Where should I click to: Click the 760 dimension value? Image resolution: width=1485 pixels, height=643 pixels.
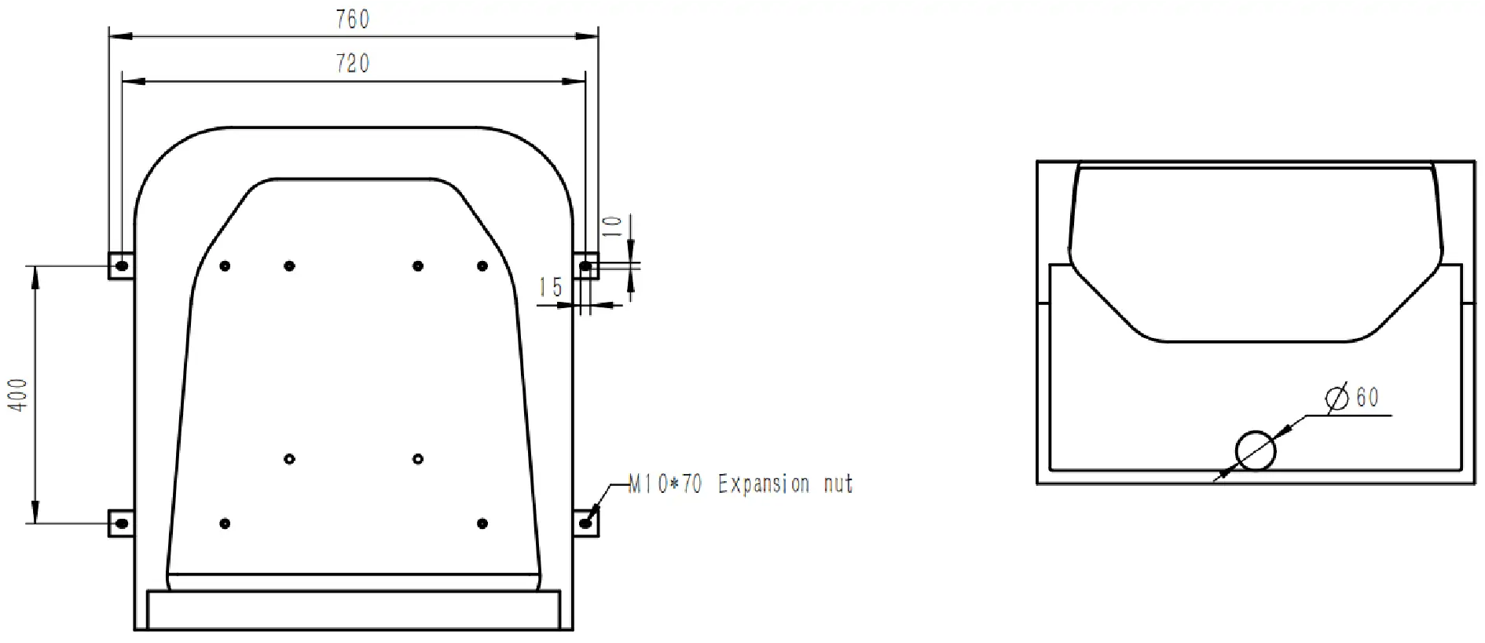(353, 20)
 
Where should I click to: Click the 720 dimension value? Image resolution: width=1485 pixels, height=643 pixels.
(353, 63)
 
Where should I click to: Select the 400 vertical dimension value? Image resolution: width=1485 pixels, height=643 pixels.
(18, 395)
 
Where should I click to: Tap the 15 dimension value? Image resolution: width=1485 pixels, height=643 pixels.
(551, 288)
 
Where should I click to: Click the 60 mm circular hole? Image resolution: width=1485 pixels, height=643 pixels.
(1255, 450)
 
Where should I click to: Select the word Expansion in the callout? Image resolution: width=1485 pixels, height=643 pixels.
(763, 483)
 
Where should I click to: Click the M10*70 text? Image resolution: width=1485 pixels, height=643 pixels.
(665, 483)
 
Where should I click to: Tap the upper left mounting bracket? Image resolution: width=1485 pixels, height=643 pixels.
(120, 266)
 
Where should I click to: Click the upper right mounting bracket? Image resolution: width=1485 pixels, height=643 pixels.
(586, 266)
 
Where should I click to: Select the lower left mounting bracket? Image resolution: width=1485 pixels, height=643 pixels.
(120, 523)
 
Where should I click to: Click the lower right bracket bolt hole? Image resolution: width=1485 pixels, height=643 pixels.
(585, 523)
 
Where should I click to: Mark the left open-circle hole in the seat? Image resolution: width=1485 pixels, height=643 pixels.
(289, 458)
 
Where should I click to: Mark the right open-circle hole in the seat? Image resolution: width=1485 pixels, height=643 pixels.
(418, 458)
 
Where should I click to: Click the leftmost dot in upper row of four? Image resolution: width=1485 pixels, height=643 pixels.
(225, 266)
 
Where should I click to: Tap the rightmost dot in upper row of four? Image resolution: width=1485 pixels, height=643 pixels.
(482, 266)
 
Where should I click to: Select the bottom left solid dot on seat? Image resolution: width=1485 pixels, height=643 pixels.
(225, 523)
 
